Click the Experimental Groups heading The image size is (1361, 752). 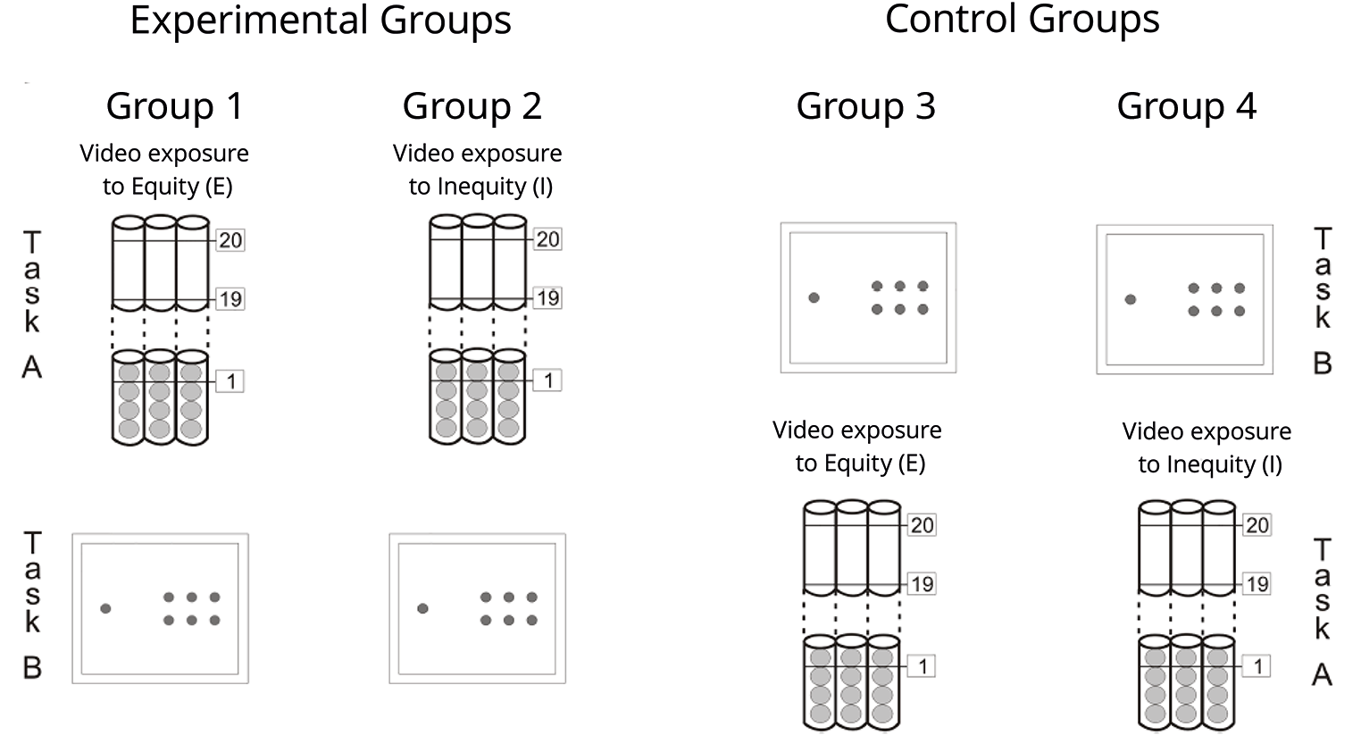click(x=321, y=21)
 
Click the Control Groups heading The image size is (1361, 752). click(x=1022, y=20)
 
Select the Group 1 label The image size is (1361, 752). click(x=175, y=106)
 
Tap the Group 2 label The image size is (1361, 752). click(x=472, y=106)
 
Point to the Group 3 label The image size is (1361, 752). click(x=866, y=106)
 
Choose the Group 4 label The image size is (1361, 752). click(x=1187, y=106)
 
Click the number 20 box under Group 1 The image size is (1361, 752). click(x=230, y=240)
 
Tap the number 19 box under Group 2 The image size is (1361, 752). click(x=547, y=298)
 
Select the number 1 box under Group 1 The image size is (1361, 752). click(x=230, y=381)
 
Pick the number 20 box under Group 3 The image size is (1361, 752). click(x=922, y=525)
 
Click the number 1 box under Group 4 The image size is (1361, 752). click(x=1257, y=666)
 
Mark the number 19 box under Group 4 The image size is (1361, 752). click(x=1257, y=584)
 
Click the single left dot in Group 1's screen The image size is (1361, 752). click(x=105, y=608)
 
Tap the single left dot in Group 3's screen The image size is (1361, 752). click(x=814, y=297)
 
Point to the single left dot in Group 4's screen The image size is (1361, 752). click(x=1130, y=299)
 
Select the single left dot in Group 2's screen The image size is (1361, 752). click(x=423, y=608)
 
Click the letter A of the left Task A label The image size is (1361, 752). click(x=32, y=367)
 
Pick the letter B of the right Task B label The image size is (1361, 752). click(x=1323, y=363)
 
